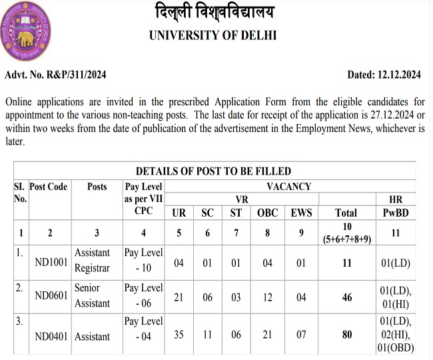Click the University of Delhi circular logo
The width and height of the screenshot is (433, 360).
coord(27,33)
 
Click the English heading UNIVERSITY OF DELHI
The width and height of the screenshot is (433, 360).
coord(213,35)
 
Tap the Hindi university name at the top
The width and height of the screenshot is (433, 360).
coord(213,13)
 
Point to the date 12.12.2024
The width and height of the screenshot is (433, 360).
coord(397,75)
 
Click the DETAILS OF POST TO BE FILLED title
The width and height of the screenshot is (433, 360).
coord(213,171)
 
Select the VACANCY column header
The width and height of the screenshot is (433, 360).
coord(289,187)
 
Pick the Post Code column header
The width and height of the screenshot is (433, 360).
coord(49,187)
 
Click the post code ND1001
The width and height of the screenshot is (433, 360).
coord(51,263)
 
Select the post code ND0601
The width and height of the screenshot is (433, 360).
coord(51,297)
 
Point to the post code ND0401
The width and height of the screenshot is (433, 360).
coord(51,336)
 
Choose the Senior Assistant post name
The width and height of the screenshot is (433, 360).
coord(93,295)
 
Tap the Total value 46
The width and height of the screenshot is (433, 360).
coord(347,297)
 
